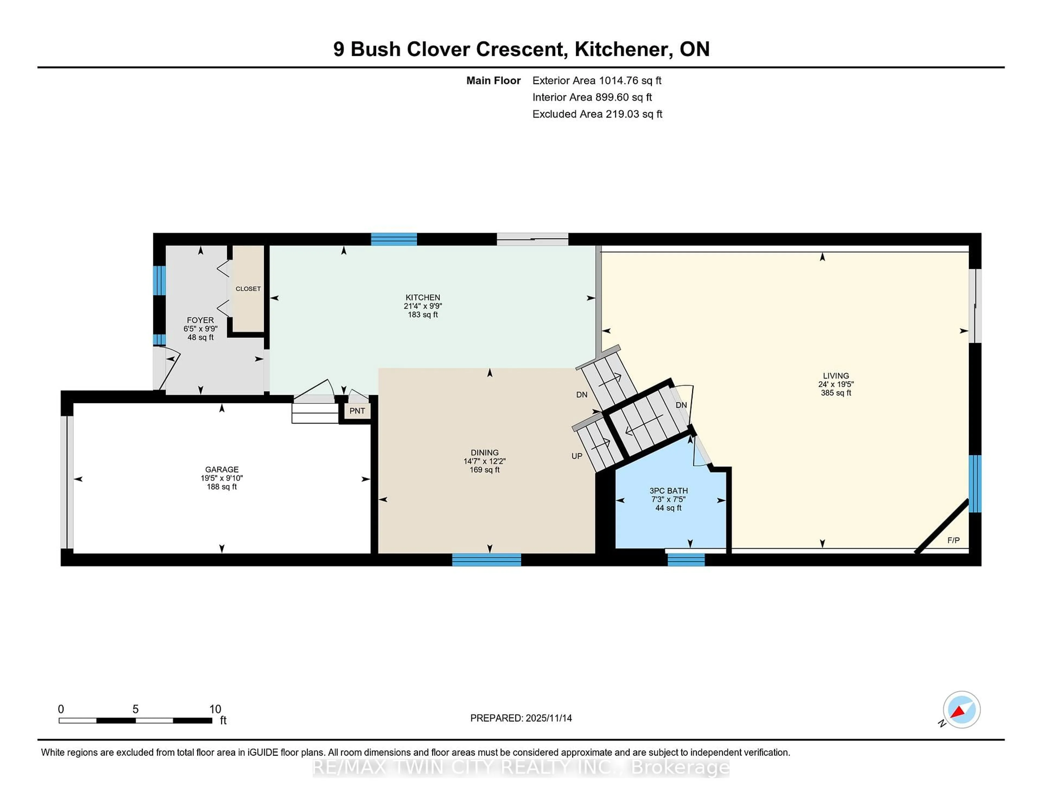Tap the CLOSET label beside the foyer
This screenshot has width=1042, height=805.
[248, 289]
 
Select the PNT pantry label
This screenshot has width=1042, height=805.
[357, 411]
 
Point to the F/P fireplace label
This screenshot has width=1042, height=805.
[953, 540]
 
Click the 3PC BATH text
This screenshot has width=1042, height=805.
[668, 490]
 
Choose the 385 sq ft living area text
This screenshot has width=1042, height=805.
[835, 393]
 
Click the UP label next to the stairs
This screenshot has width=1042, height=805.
[577, 456]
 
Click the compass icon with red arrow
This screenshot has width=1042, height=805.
[961, 710]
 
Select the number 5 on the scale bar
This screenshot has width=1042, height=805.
[135, 709]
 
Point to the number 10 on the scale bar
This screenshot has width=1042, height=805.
[215, 709]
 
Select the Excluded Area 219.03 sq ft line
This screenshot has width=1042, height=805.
[597, 114]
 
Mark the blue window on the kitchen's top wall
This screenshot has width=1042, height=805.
[394, 239]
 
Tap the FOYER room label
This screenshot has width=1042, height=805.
[200, 320]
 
